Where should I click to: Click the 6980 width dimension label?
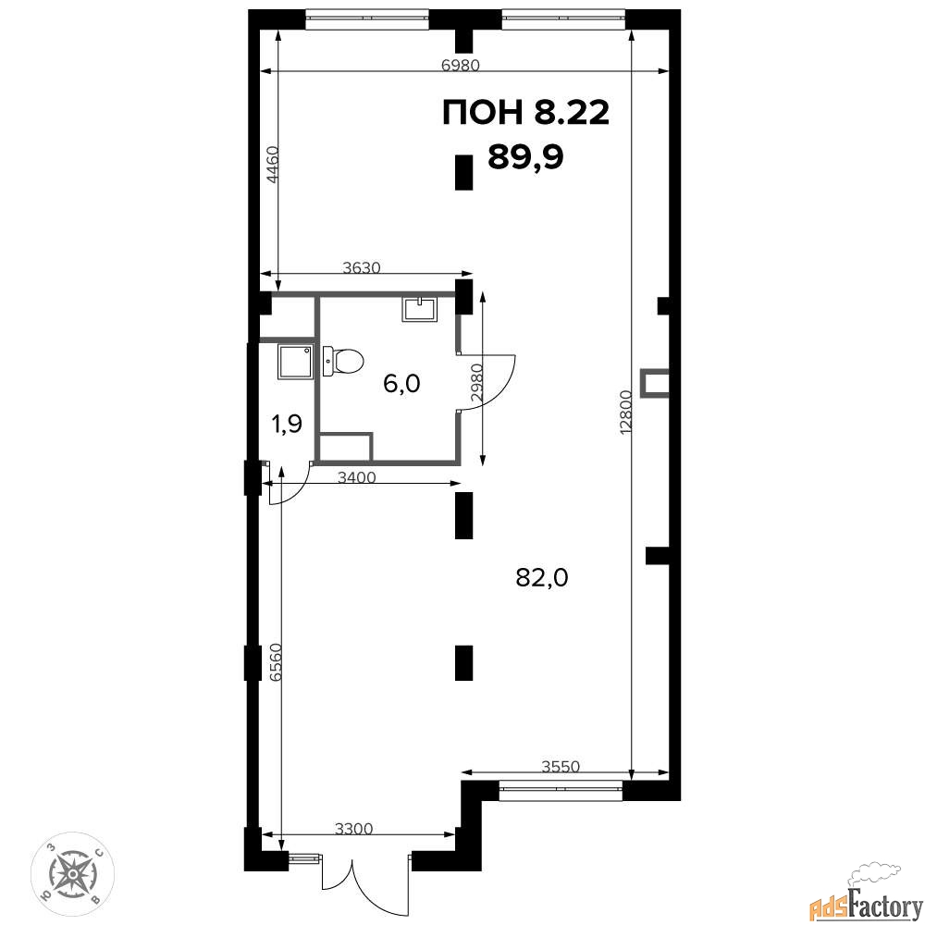pos(461,65)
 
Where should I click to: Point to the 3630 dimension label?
pos(363,267)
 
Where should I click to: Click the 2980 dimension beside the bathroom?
pos(477,383)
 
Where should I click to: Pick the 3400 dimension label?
pos(357,476)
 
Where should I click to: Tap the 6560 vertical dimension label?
pos(276,662)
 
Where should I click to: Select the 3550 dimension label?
pos(561,766)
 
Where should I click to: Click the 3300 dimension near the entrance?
pos(354,829)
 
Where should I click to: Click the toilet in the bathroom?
pos(343,361)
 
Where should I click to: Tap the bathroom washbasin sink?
pos(419,309)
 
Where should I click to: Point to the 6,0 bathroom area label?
pos(401,384)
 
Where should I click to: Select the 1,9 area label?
pos(287,423)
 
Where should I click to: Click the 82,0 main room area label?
pos(541,577)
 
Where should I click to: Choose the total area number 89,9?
pos(525,157)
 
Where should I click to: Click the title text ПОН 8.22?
pos(525,113)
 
